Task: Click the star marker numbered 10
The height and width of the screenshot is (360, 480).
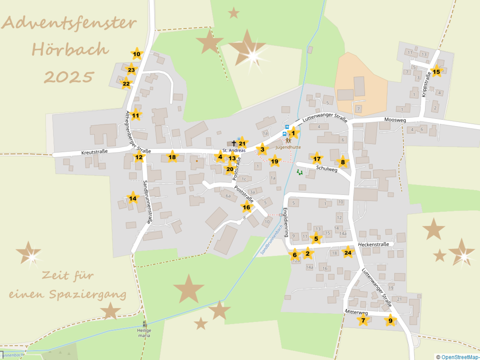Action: (137, 54)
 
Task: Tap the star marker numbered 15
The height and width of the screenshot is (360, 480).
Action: (436, 72)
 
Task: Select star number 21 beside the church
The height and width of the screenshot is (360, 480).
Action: (242, 143)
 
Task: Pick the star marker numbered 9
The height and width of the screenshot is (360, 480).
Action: (391, 321)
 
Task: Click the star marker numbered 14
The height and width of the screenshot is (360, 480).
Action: (133, 199)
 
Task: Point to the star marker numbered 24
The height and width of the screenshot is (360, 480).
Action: (348, 253)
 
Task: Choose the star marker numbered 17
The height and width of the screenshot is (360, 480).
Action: (317, 159)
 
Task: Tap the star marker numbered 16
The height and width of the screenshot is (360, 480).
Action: (247, 207)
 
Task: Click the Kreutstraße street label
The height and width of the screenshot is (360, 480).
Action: (94, 152)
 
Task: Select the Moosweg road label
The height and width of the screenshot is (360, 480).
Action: (396, 120)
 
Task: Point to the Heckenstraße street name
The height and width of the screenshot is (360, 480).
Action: (373, 244)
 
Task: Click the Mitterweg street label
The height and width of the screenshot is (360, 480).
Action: (356, 313)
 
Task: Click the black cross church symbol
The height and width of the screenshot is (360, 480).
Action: (234, 143)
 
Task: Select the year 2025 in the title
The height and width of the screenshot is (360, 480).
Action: (69, 76)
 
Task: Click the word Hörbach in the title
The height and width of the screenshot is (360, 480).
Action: (70, 50)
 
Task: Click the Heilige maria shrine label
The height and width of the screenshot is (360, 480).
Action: (144, 333)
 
